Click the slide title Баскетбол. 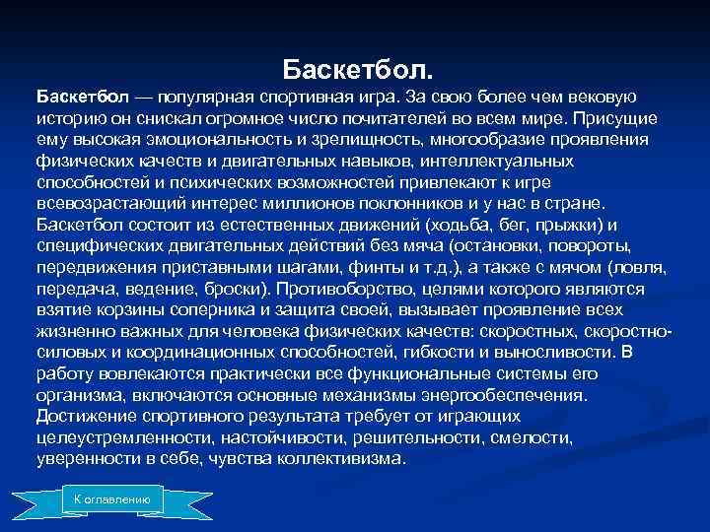356,71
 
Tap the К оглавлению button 111,499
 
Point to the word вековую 603,98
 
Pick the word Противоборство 351,289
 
